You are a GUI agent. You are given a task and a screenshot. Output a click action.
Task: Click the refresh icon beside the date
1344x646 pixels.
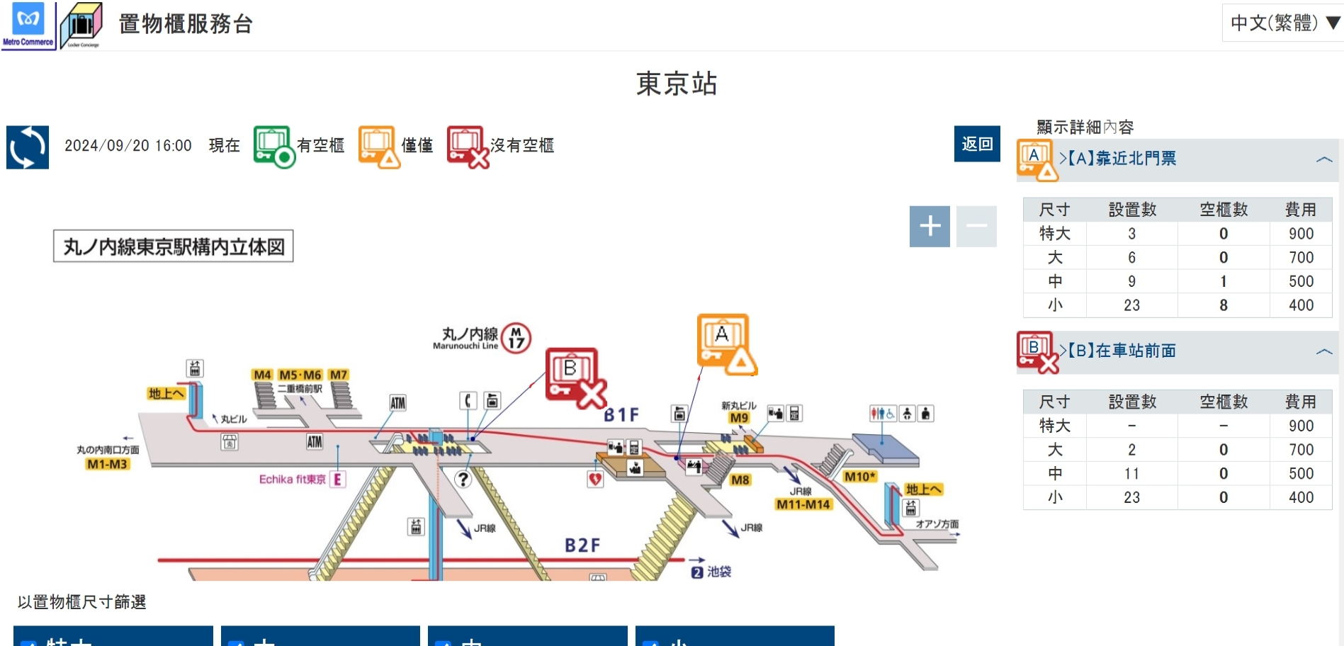tap(28, 147)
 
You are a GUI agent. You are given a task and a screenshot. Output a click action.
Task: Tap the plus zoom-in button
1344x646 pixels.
tap(930, 227)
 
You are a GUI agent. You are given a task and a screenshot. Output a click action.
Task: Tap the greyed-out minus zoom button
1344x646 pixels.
tap(976, 227)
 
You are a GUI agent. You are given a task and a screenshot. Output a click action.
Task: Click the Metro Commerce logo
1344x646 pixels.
tap(28, 25)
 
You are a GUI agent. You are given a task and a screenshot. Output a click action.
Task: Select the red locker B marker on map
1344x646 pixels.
tap(575, 377)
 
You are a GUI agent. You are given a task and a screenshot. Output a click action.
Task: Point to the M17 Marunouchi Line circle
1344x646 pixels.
tap(516, 339)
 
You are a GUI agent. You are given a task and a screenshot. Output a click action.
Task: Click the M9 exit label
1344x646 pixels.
tap(739, 418)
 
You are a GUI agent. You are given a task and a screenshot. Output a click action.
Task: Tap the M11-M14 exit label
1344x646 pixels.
tap(803, 504)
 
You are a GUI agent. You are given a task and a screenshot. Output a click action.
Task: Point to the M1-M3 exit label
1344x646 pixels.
tap(107, 464)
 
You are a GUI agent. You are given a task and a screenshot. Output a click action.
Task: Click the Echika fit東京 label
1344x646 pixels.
tap(293, 480)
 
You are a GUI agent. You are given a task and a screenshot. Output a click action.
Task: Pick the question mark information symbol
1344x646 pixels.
tap(463, 480)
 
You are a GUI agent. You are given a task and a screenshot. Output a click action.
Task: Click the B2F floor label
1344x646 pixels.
tap(582, 545)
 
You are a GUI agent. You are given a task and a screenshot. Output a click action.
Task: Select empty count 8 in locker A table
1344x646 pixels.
tap(1224, 305)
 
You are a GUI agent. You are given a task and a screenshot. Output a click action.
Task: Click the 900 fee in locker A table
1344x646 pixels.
tap(1301, 234)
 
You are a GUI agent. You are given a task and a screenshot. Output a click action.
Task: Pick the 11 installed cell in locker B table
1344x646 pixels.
tap(1131, 473)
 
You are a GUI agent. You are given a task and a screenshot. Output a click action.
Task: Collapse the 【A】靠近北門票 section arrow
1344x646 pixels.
tap(1323, 159)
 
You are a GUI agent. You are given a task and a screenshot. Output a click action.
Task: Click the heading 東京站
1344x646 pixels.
tap(677, 84)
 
